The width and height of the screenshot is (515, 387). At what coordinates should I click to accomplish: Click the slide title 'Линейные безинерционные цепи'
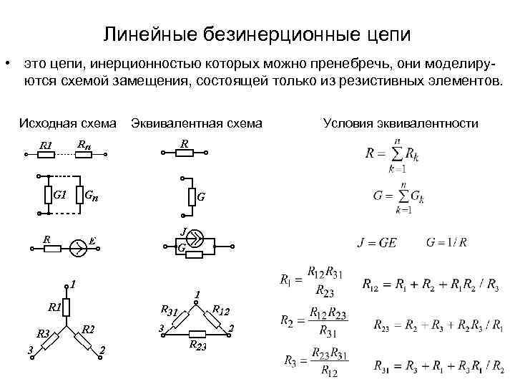257,34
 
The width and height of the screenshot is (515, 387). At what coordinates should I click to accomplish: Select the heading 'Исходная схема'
68,123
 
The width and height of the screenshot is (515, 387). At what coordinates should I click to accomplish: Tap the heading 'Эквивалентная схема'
196,123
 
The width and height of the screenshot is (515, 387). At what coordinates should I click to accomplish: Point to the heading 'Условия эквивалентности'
401,123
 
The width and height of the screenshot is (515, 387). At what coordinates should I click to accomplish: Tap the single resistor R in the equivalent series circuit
185,153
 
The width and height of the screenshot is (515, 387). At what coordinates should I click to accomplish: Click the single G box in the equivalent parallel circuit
191,196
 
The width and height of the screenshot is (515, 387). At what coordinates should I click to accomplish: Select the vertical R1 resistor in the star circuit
66,308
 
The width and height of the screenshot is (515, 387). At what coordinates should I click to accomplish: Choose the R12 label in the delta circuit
220,310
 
